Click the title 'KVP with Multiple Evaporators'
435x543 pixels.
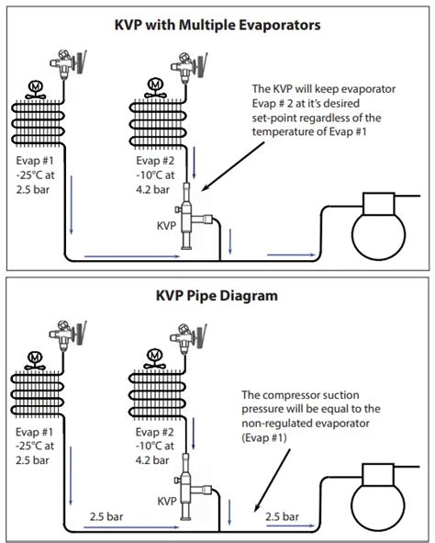pyautogui.click(x=217, y=25)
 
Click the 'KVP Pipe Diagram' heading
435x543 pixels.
pyautogui.click(x=217, y=298)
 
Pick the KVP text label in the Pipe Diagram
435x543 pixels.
pyautogui.click(x=166, y=502)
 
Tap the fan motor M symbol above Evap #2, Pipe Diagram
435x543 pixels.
pyautogui.click(x=154, y=355)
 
